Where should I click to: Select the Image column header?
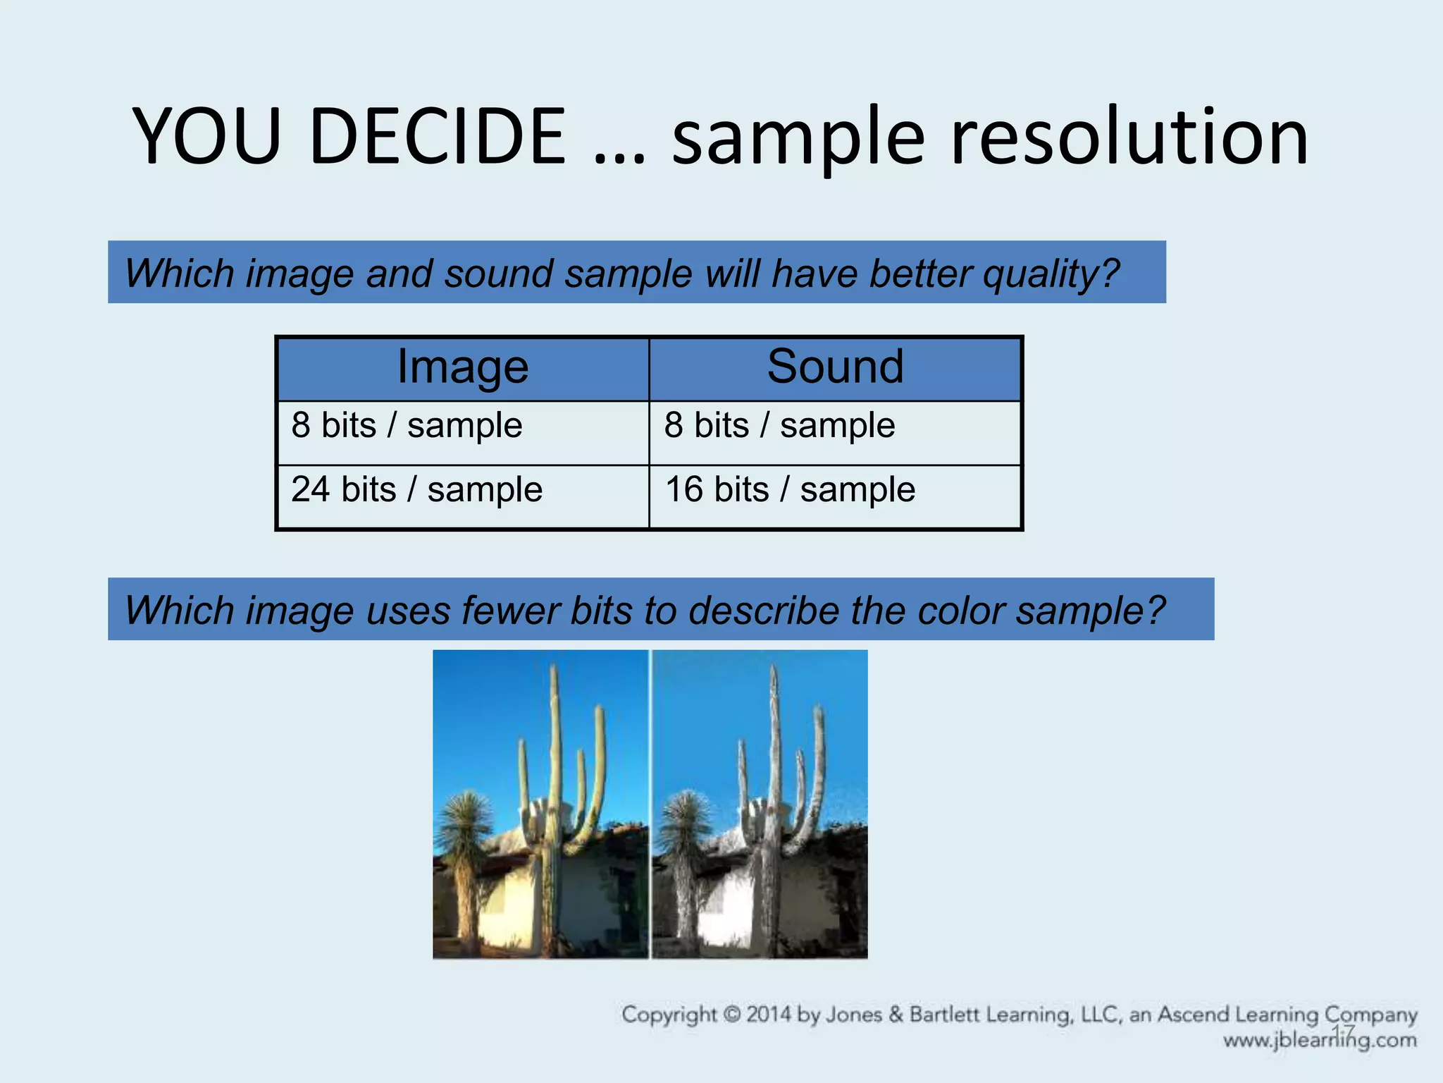[x=462, y=367]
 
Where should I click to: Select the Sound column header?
[x=835, y=367]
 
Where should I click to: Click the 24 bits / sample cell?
[x=416, y=489]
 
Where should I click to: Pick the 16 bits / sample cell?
[x=790, y=489]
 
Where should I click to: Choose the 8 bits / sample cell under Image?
[x=407, y=425]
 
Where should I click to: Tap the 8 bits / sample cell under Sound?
[x=779, y=425]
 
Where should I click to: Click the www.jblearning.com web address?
[x=1319, y=1041]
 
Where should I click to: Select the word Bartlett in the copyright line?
[x=944, y=1015]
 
